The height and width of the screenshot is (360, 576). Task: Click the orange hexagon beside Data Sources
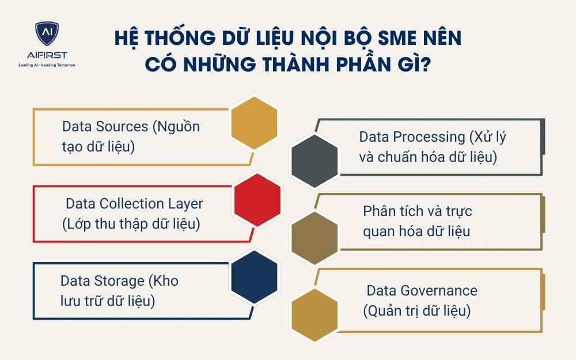[254, 123]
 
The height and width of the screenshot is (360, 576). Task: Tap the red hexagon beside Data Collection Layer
[257, 199]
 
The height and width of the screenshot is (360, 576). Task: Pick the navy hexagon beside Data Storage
[254, 274]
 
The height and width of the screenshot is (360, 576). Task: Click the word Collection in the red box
[132, 204]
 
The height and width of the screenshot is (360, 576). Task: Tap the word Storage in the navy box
[120, 281]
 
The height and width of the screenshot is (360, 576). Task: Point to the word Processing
[430, 137]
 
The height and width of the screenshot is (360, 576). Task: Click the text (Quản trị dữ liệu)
[417, 311]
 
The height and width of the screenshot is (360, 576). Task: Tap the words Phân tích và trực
[417, 211]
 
